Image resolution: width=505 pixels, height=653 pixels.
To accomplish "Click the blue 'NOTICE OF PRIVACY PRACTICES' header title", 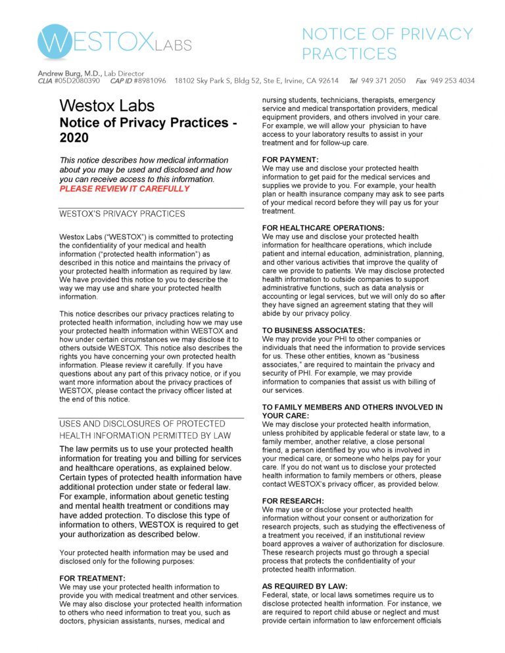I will pos(387,43).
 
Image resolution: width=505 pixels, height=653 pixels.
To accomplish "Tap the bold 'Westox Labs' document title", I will pos(107,106).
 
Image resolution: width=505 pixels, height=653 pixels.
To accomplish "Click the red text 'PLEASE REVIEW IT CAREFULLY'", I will pos(124,189).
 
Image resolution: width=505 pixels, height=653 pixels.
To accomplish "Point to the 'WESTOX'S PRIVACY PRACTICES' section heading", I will pos(122,214).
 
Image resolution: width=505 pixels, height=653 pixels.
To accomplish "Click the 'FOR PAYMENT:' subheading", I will pos(290,159).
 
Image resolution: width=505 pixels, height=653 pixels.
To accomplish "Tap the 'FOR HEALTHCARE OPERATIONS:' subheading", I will pos(323,228).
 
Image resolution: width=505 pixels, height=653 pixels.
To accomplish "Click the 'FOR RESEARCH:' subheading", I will pos(292,501).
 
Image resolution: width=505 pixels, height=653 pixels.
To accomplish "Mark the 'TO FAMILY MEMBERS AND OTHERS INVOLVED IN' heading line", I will pos(352,407).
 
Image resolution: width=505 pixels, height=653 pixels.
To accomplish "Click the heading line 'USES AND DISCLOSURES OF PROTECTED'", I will pos(142,424).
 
